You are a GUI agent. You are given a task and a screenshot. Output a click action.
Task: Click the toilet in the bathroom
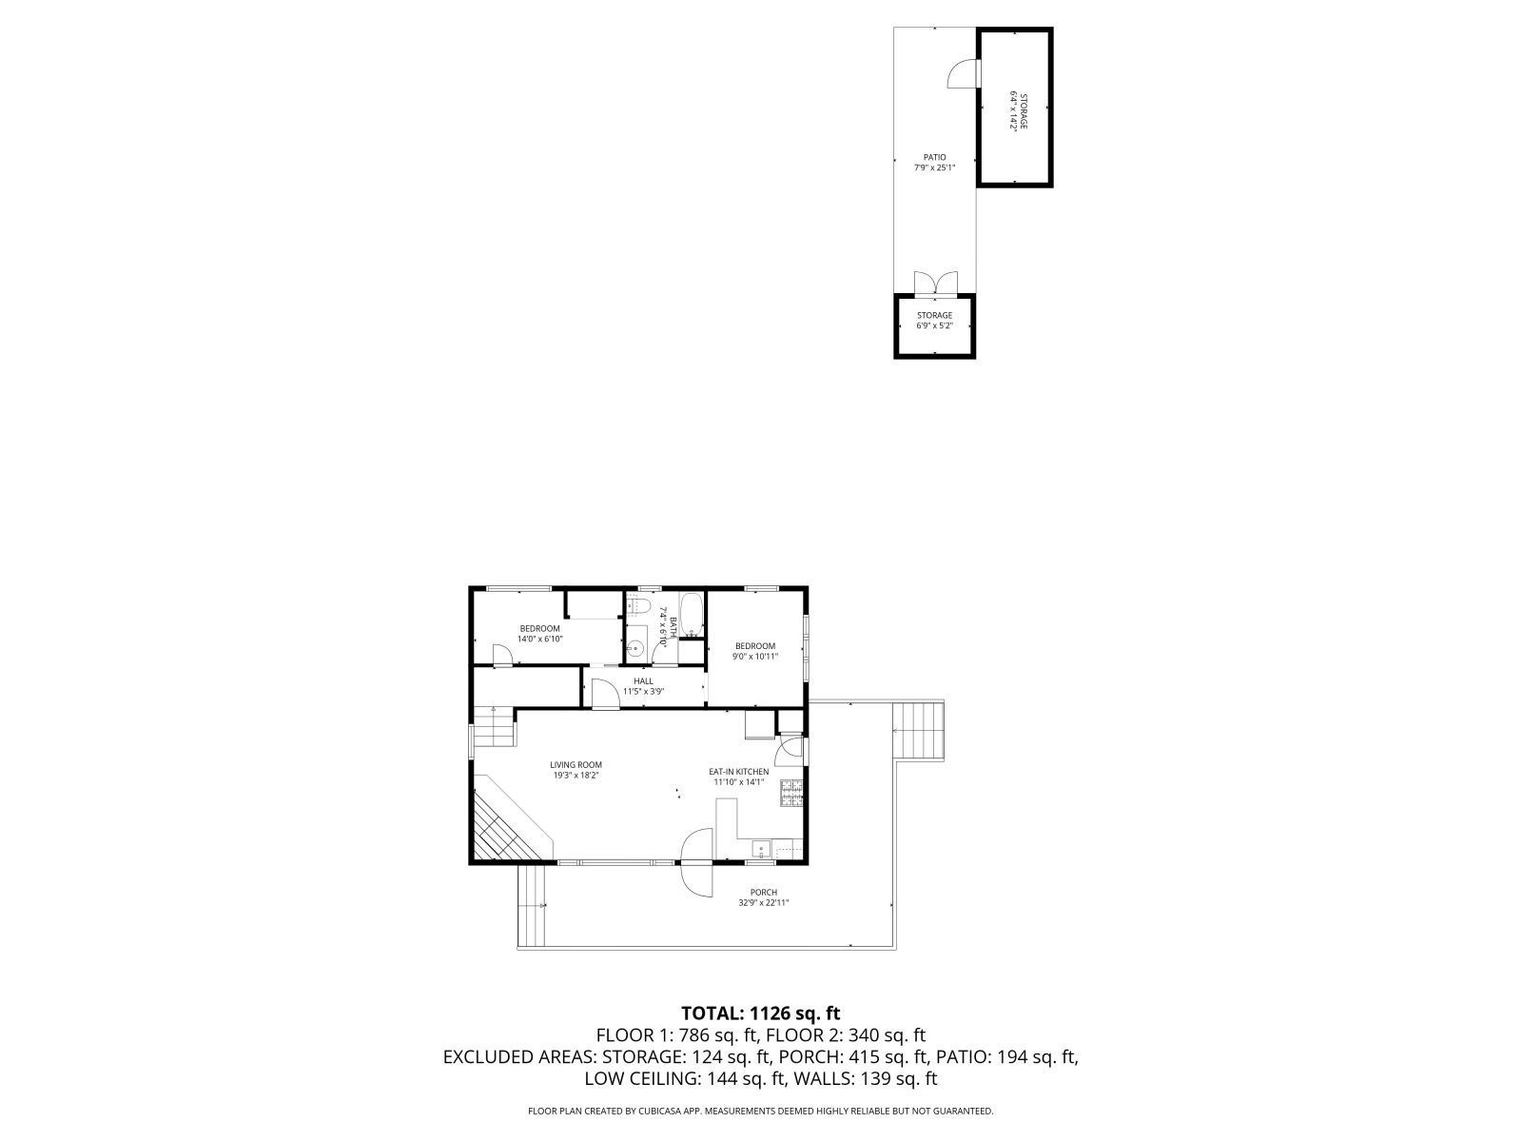coord(641,606)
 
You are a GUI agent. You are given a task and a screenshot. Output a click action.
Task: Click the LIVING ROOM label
coord(576,764)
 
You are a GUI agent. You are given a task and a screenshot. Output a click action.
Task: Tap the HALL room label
coord(644,681)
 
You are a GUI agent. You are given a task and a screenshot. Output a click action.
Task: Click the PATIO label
coord(934,158)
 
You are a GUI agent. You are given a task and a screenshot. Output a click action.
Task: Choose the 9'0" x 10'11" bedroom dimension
coord(755,657)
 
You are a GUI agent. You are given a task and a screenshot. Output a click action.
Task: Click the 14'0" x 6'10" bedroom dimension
coord(540,639)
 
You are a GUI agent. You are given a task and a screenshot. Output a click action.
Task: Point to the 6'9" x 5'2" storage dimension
coord(934,325)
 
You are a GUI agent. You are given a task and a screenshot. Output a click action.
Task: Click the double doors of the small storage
coord(934,284)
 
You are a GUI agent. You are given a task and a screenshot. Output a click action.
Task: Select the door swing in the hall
coord(602,693)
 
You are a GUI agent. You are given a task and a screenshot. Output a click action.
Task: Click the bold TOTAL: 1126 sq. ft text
coord(761,1013)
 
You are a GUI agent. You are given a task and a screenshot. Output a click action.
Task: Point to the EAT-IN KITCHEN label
coord(738,772)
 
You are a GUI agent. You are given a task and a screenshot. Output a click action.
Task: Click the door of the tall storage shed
coord(963,74)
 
